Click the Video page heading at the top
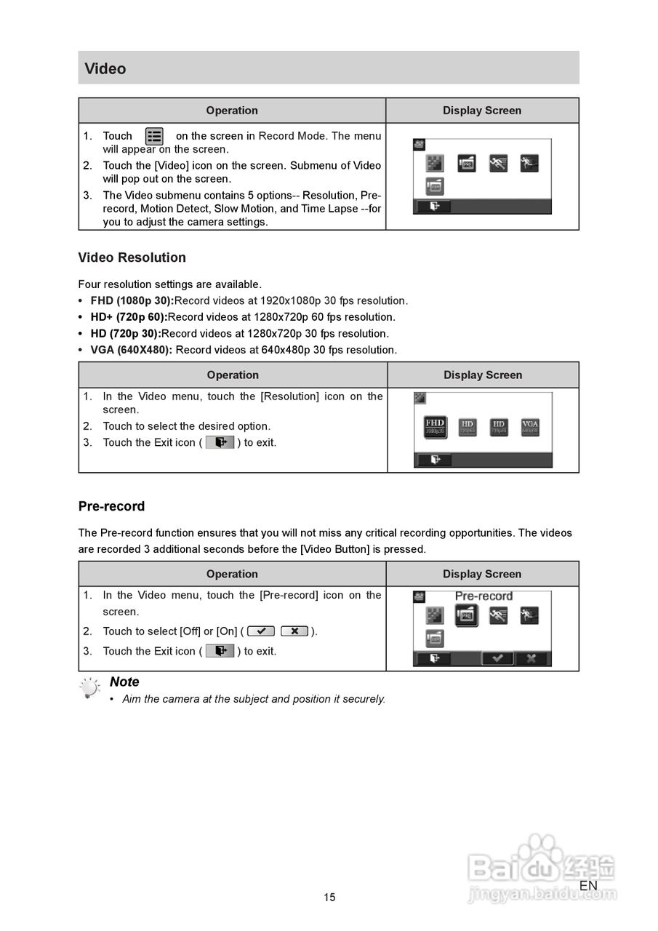click(105, 68)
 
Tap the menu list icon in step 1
click(154, 136)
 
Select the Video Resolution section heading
click(132, 257)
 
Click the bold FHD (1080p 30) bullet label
click(132, 300)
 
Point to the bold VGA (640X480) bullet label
click(132, 350)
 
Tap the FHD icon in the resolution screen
click(435, 427)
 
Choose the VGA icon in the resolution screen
click(530, 427)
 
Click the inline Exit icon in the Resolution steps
click(220, 442)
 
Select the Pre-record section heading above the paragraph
click(111, 506)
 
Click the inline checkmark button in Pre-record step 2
click(261, 631)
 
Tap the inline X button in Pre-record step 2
click(294, 631)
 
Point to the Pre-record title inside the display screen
click(484, 596)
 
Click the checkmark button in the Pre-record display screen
click(497, 658)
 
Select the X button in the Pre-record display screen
click(532, 658)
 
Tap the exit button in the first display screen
click(433, 207)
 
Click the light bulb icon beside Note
click(90, 688)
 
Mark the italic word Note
click(124, 682)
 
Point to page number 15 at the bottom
click(329, 898)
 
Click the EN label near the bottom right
click(588, 885)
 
